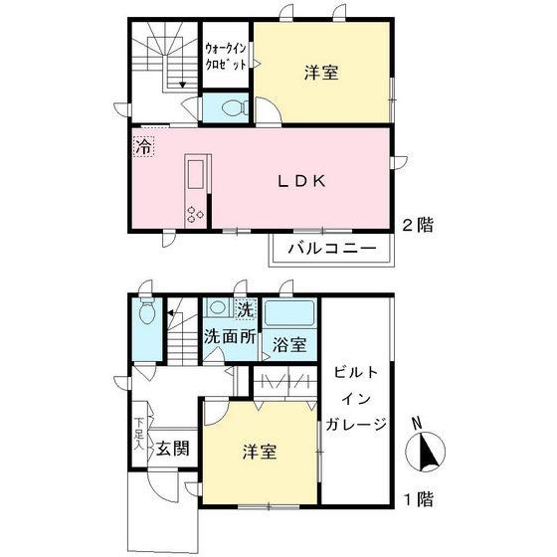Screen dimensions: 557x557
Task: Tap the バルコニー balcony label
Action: (x=331, y=248)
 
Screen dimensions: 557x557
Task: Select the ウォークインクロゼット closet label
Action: (x=225, y=55)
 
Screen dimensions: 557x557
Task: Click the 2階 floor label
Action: (x=418, y=225)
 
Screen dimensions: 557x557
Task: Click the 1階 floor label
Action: (x=418, y=498)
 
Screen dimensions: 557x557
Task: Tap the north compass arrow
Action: (x=428, y=453)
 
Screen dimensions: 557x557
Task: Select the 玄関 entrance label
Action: (x=172, y=447)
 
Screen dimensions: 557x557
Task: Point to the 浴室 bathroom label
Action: (x=289, y=344)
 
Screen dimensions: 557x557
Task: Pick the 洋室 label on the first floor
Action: (x=260, y=453)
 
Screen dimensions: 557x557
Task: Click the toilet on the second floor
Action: (x=227, y=107)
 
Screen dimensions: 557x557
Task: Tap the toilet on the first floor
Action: (x=147, y=313)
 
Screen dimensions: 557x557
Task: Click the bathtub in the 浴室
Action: (x=289, y=314)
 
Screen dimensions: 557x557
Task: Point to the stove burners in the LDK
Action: (x=193, y=214)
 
